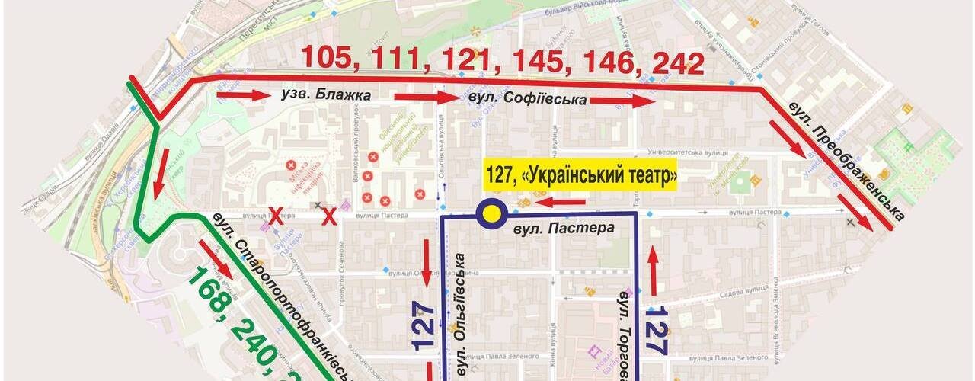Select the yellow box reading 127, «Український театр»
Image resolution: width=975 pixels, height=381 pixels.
(x=581, y=177)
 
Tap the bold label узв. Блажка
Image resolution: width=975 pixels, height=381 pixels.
(x=326, y=96)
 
